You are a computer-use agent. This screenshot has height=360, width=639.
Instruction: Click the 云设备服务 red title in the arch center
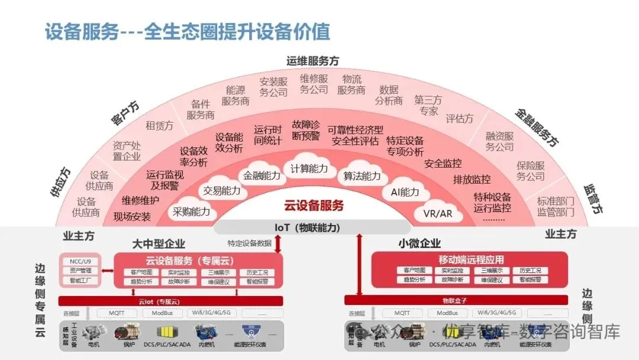coord(314,206)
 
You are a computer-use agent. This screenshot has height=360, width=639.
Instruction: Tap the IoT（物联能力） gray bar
coord(307,227)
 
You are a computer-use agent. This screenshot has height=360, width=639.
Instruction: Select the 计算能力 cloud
coord(309,169)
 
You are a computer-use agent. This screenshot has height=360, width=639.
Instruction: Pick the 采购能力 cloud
coord(191,211)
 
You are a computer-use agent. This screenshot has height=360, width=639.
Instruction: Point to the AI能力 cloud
coord(405,192)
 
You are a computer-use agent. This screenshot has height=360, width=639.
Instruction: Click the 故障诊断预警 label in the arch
coord(306,130)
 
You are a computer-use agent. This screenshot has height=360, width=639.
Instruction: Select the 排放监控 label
coord(472,179)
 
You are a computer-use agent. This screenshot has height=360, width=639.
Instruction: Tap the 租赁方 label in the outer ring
coord(159,126)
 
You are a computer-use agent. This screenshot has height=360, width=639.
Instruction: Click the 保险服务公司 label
coord(530,171)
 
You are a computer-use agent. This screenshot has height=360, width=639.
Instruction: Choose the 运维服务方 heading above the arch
coord(313,61)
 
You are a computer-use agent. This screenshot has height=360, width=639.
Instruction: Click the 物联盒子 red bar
coord(455,300)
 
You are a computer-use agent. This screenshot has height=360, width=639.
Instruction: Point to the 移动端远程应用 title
coord(471,259)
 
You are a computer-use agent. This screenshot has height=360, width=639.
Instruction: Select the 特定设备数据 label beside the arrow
coord(249,243)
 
